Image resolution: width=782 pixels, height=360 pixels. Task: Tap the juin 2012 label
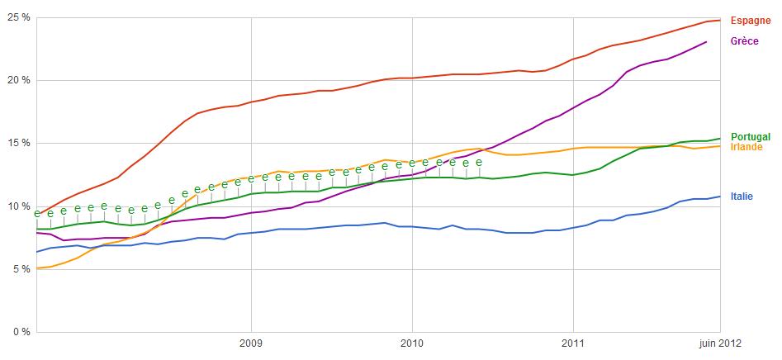click(x=713, y=343)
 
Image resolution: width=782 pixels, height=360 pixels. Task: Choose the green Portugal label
click(x=751, y=137)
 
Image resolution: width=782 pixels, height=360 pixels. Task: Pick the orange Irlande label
click(x=746, y=147)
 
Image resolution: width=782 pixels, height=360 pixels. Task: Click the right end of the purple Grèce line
click(x=707, y=41)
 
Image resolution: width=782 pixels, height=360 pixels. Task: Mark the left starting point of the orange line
click(x=37, y=268)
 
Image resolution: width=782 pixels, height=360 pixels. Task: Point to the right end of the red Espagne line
click(x=720, y=20)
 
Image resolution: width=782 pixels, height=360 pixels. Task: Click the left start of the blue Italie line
click(x=37, y=252)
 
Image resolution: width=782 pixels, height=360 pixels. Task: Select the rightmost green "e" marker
click(x=478, y=162)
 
